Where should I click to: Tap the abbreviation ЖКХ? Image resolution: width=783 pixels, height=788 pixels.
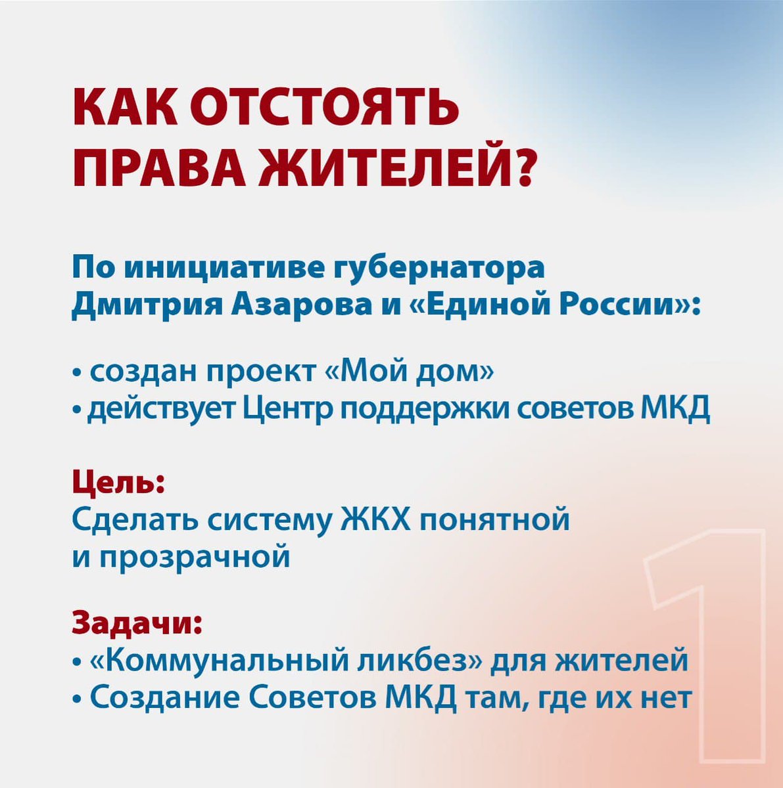tap(375, 521)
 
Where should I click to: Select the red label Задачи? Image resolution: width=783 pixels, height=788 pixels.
tap(137, 621)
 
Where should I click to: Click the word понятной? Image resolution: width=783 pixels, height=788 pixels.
tap(494, 521)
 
